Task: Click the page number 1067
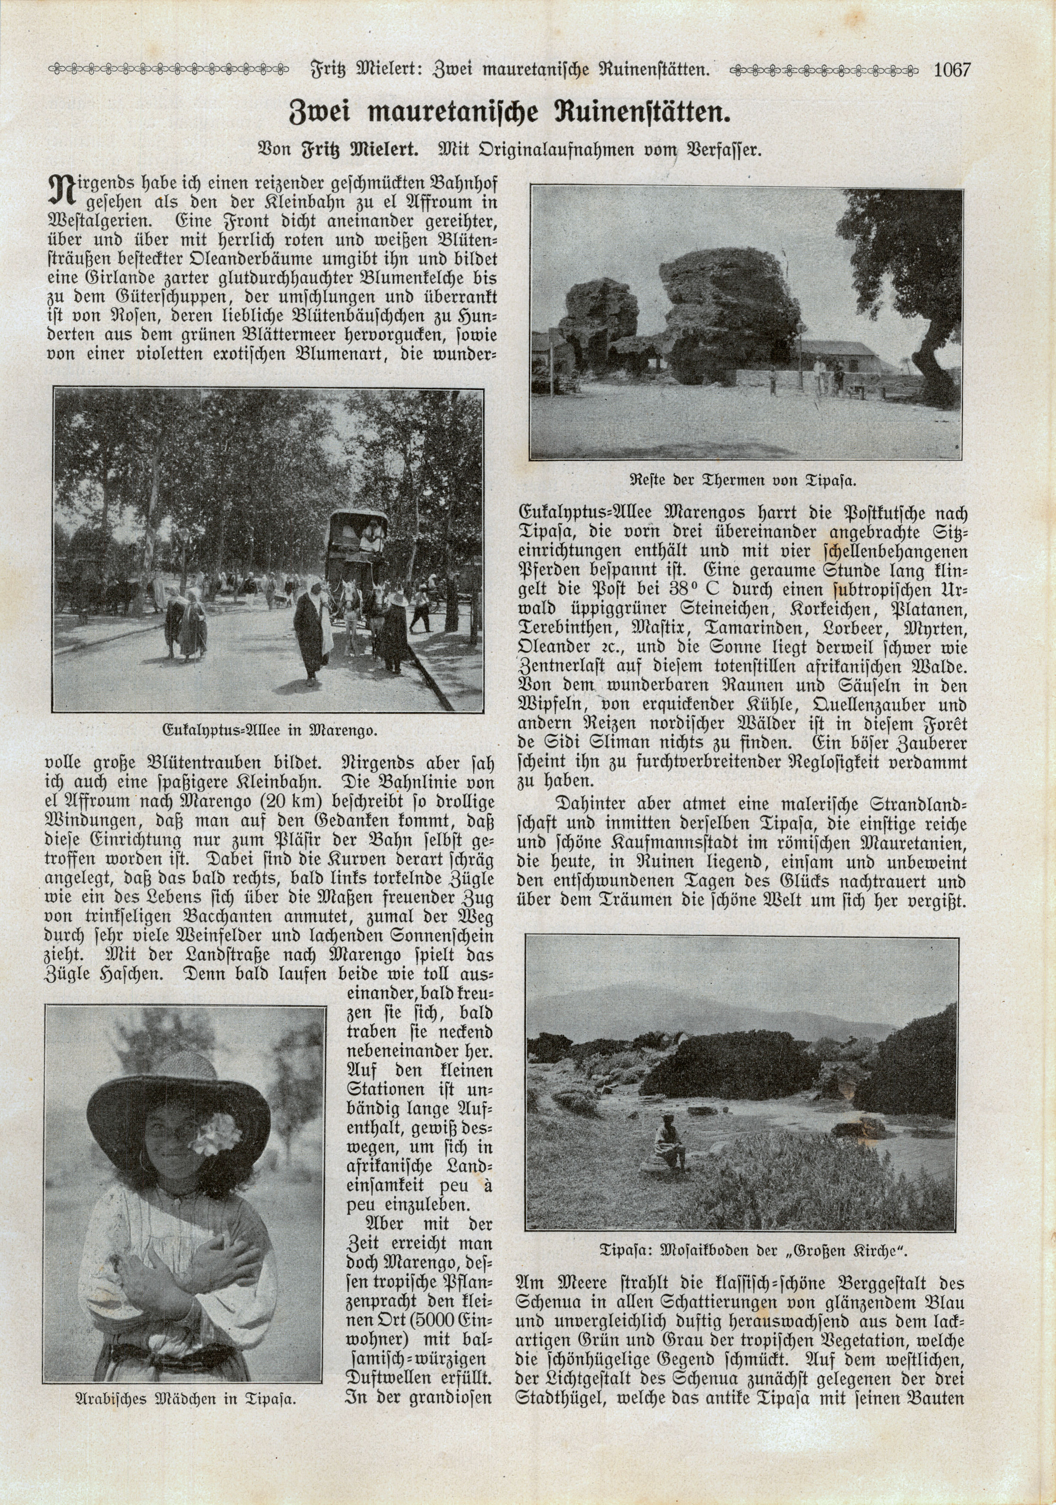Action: [951, 69]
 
